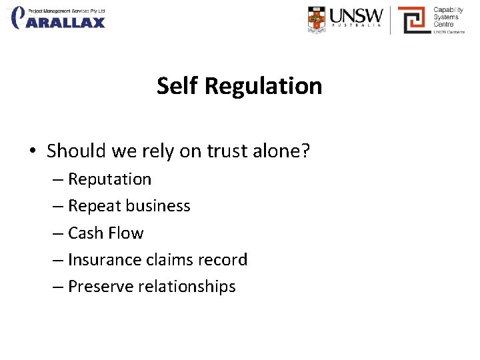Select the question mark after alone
point(305,151)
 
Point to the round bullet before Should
point(33,152)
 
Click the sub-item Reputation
point(109,179)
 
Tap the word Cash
point(87,233)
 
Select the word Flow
point(127,233)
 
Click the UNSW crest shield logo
point(318,19)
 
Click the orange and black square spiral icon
point(413,20)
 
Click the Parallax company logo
point(59,18)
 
